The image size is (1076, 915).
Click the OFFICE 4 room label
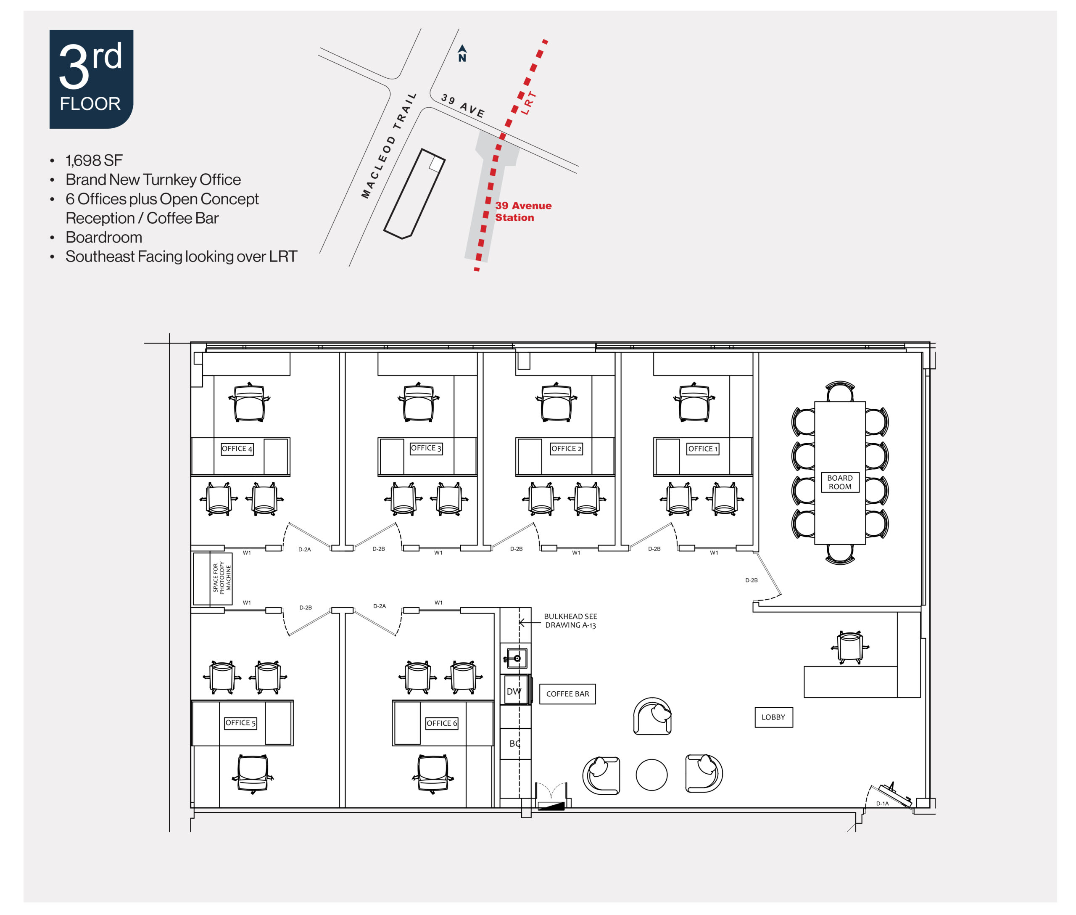tap(237, 449)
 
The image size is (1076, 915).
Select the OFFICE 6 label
tap(442, 723)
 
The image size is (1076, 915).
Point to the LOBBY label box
tap(773, 717)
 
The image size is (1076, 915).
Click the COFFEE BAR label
tap(567, 693)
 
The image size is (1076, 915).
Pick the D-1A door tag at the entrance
tap(882, 804)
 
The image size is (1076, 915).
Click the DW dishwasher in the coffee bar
tap(514, 691)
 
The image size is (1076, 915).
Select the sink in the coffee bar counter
tap(515, 658)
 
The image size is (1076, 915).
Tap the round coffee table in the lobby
tap(651, 775)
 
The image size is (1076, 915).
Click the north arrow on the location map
tap(462, 53)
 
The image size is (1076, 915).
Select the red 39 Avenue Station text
tap(523, 212)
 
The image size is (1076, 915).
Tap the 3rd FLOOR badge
tap(91, 79)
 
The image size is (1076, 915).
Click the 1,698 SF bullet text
tap(94, 160)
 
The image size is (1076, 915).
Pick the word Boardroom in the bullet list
tap(104, 237)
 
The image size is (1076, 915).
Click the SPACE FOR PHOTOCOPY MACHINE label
tap(222, 578)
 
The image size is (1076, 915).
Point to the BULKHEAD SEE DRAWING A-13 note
tap(570, 621)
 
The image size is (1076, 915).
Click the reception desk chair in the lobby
tap(850, 647)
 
